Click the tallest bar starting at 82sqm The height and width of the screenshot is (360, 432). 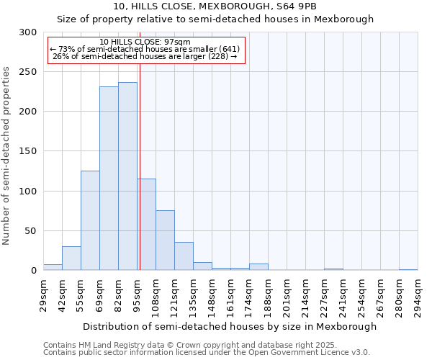point(127,176)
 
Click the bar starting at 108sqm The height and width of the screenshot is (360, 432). point(165,240)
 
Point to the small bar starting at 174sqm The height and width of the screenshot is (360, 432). point(258,267)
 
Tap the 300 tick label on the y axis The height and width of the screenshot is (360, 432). point(28,32)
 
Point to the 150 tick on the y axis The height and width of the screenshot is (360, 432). point(28,151)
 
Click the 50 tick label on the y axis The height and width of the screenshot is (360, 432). point(31,231)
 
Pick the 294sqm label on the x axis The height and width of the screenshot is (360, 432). point(418,297)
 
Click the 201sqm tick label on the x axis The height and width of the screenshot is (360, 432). point(287,297)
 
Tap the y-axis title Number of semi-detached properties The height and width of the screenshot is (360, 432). point(7,156)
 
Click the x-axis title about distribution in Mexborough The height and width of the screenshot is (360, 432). point(230,326)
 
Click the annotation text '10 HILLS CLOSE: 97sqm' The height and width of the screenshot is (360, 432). point(145,42)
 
